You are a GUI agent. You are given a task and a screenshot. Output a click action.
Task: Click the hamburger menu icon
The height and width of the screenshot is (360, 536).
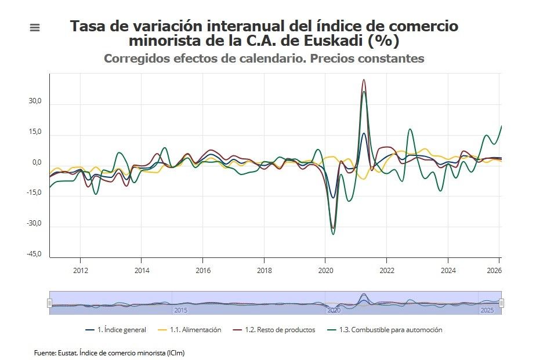(x=35, y=27)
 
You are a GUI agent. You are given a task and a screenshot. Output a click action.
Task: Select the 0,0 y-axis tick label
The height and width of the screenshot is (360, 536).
(x=37, y=163)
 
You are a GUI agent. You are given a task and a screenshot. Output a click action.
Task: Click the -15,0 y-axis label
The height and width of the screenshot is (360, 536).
(x=34, y=193)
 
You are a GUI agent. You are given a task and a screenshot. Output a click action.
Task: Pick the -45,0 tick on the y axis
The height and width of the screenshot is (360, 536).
(x=34, y=254)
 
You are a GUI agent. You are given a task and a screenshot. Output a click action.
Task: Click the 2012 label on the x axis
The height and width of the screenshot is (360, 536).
(x=80, y=270)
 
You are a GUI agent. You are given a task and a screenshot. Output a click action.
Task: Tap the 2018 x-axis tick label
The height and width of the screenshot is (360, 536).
(x=264, y=270)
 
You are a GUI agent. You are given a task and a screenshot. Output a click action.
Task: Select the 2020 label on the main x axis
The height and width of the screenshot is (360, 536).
(x=325, y=270)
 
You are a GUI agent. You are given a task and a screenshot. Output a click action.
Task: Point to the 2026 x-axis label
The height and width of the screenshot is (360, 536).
(x=493, y=270)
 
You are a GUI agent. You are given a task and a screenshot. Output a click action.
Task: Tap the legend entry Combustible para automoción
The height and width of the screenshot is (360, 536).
(x=390, y=330)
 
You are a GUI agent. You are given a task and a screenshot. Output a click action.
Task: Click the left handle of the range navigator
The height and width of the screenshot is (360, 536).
(x=49, y=303)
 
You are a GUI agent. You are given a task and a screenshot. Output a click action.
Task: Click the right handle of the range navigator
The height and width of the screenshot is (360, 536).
(x=501, y=303)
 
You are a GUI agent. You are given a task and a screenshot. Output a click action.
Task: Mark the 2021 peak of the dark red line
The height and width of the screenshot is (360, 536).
(x=364, y=80)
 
